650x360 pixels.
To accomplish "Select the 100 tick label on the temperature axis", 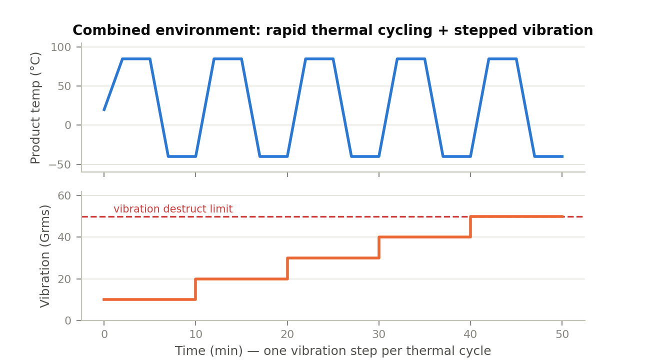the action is [x=61, y=47].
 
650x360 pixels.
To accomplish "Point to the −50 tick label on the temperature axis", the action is [x=60, y=165].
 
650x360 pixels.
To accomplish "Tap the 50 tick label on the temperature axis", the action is [x=64, y=86].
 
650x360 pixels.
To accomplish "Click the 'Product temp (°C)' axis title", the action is [x=35, y=108].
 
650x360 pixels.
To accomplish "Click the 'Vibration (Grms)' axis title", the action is [x=44, y=256].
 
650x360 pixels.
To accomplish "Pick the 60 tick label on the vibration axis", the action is [x=64, y=196].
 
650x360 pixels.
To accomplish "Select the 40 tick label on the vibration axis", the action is [x=64, y=237].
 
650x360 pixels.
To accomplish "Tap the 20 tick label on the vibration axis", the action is [x=64, y=279].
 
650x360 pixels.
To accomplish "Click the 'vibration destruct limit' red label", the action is [x=173, y=209].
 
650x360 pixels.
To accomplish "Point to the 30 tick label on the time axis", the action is [x=379, y=334].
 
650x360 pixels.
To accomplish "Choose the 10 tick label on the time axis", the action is [x=195, y=334].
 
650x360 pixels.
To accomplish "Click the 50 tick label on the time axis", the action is [x=562, y=334].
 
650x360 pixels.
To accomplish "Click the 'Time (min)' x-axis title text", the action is [x=208, y=351].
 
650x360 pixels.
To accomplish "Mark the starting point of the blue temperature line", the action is [x=104, y=110].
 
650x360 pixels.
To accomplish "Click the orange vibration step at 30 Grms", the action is [x=333, y=258].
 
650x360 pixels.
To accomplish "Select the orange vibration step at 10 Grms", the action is [x=149, y=299].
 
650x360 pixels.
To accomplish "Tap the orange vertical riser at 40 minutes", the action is [x=470, y=227].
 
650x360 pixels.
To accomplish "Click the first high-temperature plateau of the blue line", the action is [x=136, y=59].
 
